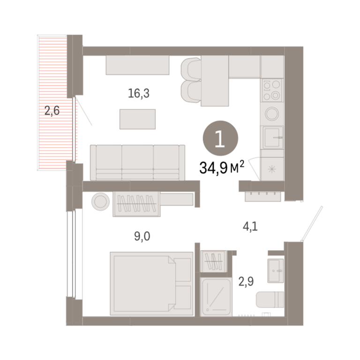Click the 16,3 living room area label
point(139,93)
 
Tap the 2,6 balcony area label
point(52,111)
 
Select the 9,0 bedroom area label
point(142,236)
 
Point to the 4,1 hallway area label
point(250,226)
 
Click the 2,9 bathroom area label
point(246,281)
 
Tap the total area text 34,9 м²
point(222,167)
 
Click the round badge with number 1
point(220,138)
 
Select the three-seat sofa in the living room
point(137,163)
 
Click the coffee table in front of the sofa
point(137,119)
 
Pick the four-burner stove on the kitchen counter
point(272,90)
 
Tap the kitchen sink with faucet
point(272,137)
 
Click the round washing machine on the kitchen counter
point(272,113)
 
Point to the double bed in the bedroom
point(151,283)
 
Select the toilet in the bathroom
point(270,300)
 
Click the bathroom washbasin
point(276,270)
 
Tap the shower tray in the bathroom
point(216,297)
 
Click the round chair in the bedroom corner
point(100,202)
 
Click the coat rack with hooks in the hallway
point(263,196)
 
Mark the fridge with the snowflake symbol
point(272,169)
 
